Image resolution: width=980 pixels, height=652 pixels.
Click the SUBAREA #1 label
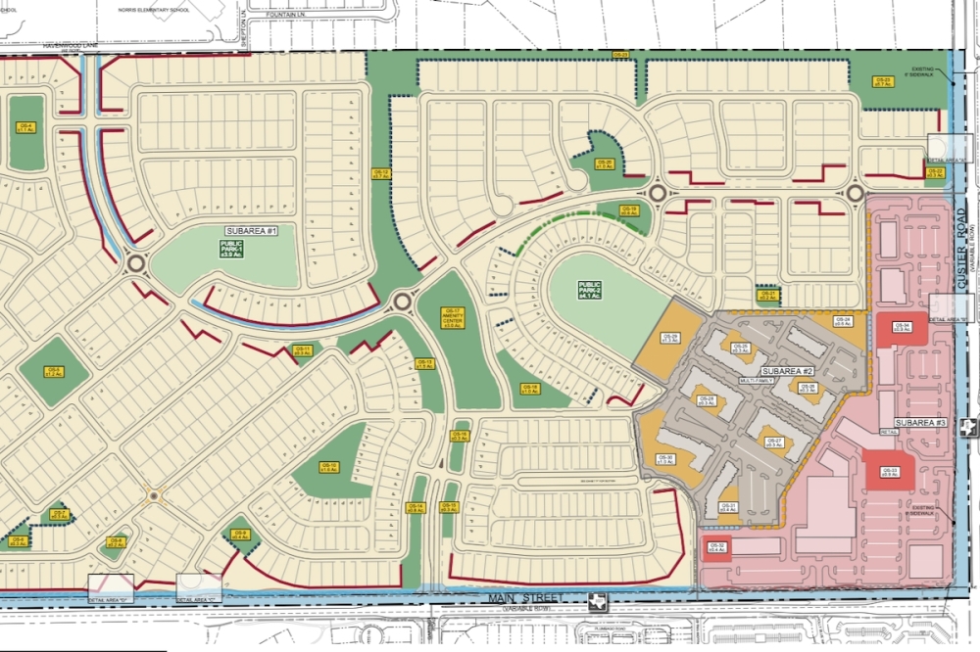[253, 231]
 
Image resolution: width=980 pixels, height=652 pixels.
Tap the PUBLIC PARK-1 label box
[231, 250]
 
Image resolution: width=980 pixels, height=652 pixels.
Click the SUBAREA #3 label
[920, 422]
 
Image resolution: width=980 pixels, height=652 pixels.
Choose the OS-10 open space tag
[328, 468]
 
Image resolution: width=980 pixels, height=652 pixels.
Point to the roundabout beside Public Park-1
[135, 262]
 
